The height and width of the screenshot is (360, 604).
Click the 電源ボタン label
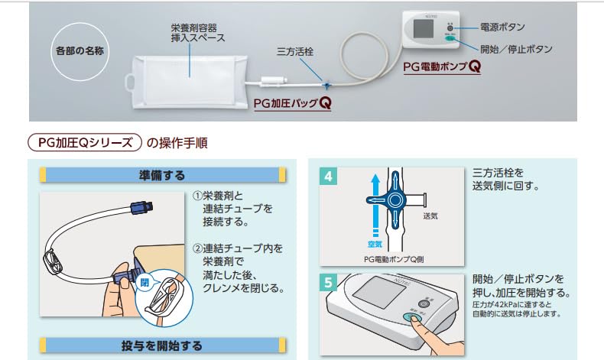pos(503,27)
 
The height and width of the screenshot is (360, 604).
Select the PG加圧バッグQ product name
pos(293,102)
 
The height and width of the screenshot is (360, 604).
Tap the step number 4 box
pos(328,177)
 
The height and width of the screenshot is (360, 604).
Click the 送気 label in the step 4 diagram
pos(430,216)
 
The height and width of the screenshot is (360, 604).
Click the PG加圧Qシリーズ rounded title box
pos(85,143)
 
